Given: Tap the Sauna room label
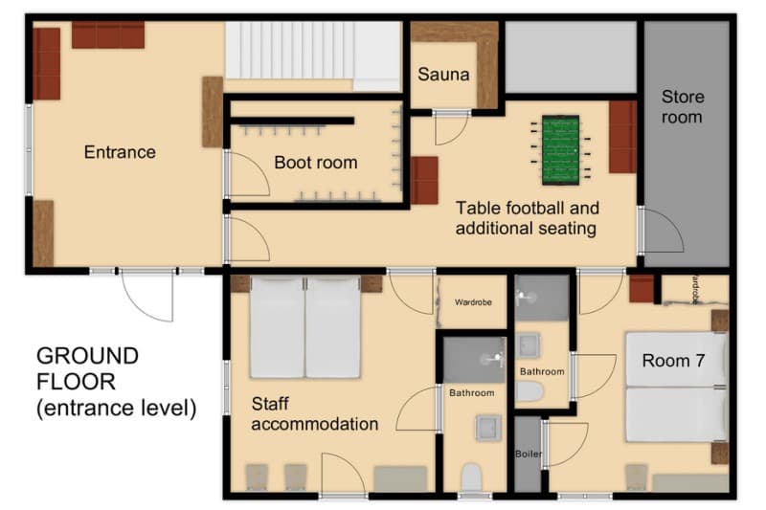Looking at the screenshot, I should pyautogui.click(x=444, y=74).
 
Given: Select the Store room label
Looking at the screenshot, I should pyautogui.click(x=682, y=106).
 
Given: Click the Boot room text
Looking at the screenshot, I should pyautogui.click(x=315, y=162).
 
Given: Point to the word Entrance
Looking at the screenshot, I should pyautogui.click(x=120, y=152).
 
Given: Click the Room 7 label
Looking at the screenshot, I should pyautogui.click(x=673, y=361).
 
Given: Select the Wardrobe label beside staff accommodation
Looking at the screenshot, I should pyautogui.click(x=473, y=302).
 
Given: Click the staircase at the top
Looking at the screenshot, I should pyautogui.click(x=312, y=55).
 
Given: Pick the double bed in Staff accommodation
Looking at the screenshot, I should pyautogui.click(x=305, y=328).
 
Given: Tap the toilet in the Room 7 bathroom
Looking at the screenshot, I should pyautogui.click(x=529, y=390).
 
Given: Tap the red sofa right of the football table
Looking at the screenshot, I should pyautogui.click(x=622, y=137).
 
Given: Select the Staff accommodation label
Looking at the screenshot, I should pyautogui.click(x=314, y=412).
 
